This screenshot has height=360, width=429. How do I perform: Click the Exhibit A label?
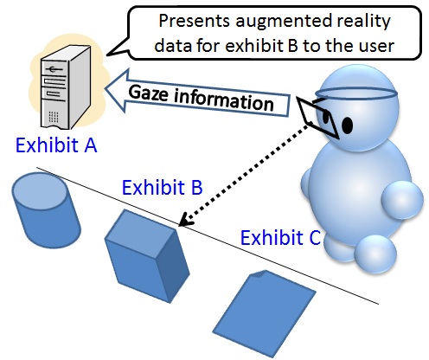[56, 145]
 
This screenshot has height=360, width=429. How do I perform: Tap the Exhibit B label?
[163, 188]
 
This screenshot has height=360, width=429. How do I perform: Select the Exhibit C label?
[280, 238]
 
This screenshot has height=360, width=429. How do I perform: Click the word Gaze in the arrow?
[148, 93]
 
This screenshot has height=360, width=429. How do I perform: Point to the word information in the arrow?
[224, 100]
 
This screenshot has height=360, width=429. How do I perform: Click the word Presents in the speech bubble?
[195, 21]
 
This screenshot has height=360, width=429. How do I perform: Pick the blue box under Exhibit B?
[147, 256]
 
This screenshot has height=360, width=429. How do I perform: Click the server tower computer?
[66, 87]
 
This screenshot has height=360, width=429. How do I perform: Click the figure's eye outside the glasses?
[348, 125]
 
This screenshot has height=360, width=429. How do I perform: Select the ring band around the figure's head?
[356, 94]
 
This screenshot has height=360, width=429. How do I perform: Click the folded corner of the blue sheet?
[259, 273]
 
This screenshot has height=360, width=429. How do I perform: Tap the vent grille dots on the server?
[54, 117]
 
